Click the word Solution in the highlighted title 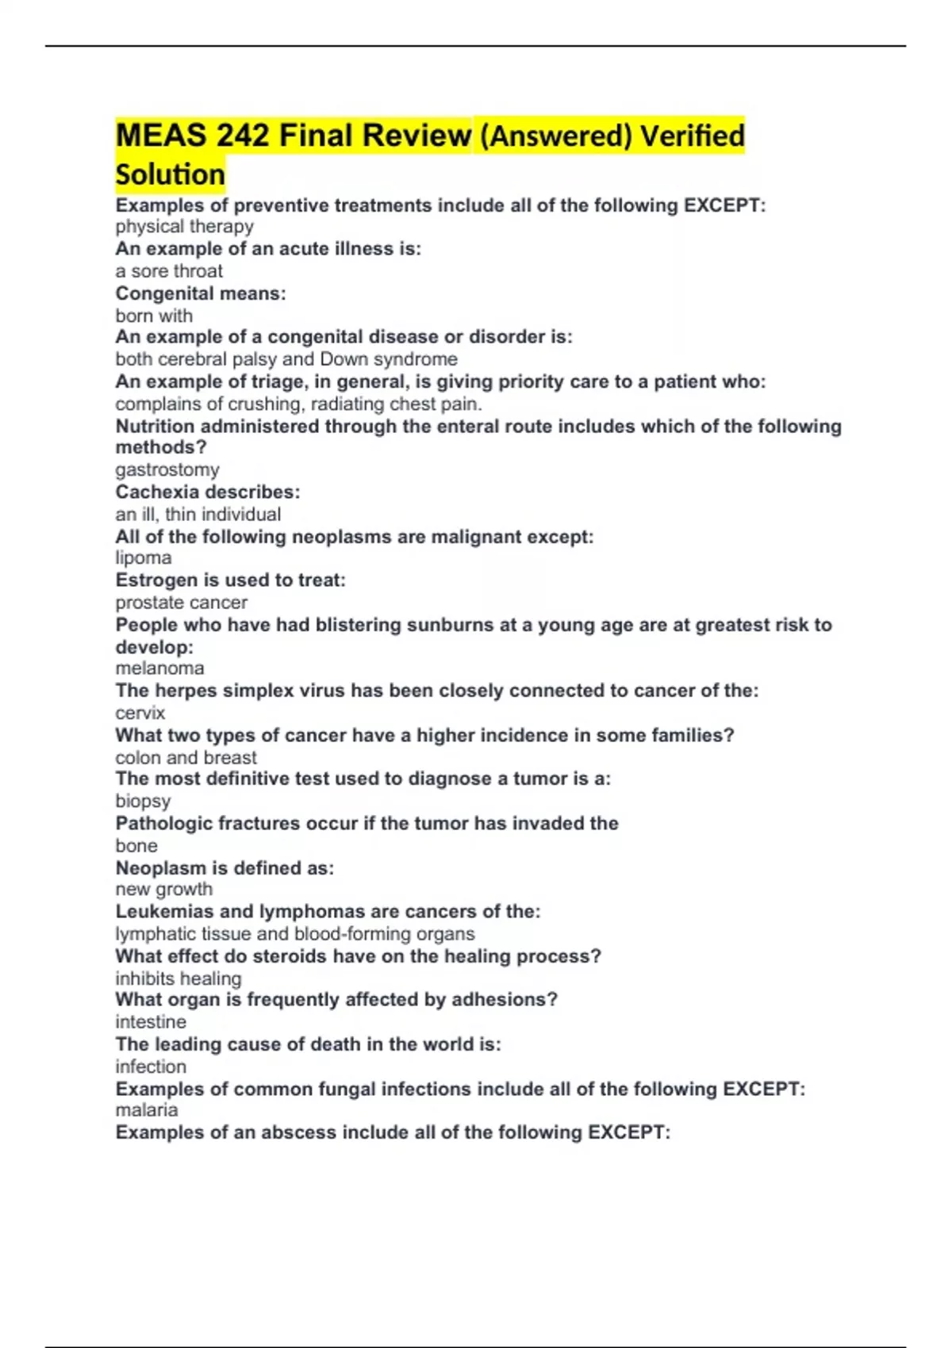click(x=170, y=174)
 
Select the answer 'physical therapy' click(x=184, y=227)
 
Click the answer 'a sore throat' click(x=169, y=271)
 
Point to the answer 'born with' click(x=154, y=316)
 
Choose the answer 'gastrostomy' click(x=167, y=469)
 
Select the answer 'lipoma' click(x=143, y=557)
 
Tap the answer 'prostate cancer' click(x=181, y=602)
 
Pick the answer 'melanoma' click(x=159, y=668)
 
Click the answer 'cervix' click(x=140, y=712)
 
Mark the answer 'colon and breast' click(x=186, y=757)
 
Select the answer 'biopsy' click(x=143, y=801)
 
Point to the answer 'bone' click(x=136, y=845)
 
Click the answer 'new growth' click(x=163, y=889)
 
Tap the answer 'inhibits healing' click(x=178, y=978)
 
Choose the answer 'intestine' click(x=151, y=1021)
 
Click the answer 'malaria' click(x=146, y=1109)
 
